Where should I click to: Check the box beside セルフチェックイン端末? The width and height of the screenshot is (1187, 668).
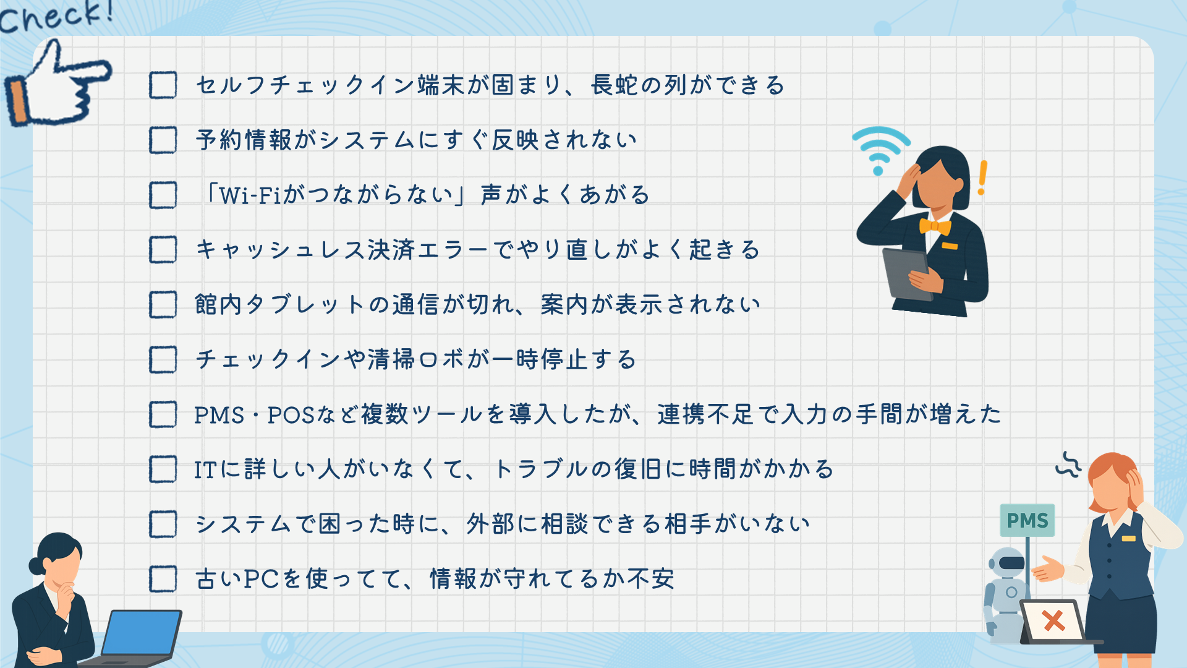point(163,85)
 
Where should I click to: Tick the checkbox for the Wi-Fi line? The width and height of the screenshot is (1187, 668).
point(163,195)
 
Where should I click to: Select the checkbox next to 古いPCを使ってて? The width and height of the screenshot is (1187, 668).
point(163,579)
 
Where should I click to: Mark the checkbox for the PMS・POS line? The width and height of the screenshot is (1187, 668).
point(163,414)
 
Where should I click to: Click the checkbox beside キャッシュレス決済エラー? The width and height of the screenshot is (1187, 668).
point(163,250)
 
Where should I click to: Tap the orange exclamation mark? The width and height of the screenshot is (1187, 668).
point(982,178)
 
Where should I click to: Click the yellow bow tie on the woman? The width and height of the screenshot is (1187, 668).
point(935,226)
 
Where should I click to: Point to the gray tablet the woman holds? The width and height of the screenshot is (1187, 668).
point(908,273)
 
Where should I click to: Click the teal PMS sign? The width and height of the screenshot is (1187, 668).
point(1027,520)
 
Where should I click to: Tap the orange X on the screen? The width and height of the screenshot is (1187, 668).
point(1053,620)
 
